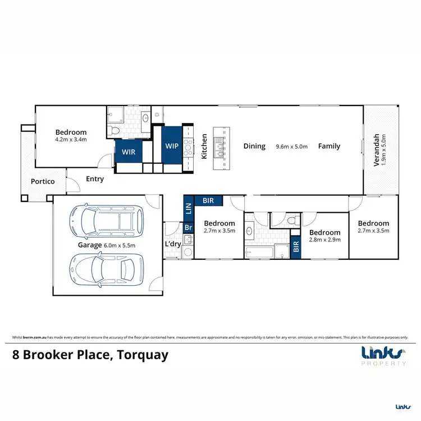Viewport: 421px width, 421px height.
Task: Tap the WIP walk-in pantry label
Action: (171, 145)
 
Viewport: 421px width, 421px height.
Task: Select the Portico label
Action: (43, 181)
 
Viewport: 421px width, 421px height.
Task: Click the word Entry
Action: (95, 180)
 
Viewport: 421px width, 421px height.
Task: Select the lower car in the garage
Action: (107, 269)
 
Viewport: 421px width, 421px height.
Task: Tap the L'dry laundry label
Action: (173, 244)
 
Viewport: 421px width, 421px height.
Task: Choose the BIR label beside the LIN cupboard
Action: (208, 200)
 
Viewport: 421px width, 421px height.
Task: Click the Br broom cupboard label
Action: (189, 228)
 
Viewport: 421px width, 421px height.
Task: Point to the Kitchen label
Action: (204, 146)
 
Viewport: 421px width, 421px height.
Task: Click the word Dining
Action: (254, 146)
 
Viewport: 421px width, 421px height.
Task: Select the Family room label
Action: (330, 146)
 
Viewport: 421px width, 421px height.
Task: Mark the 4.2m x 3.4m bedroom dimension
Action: (71, 140)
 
